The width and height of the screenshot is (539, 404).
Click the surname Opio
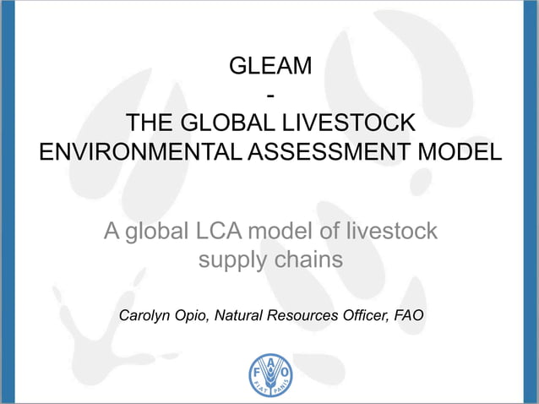[196, 317]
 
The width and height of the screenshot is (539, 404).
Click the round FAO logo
[270, 373]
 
